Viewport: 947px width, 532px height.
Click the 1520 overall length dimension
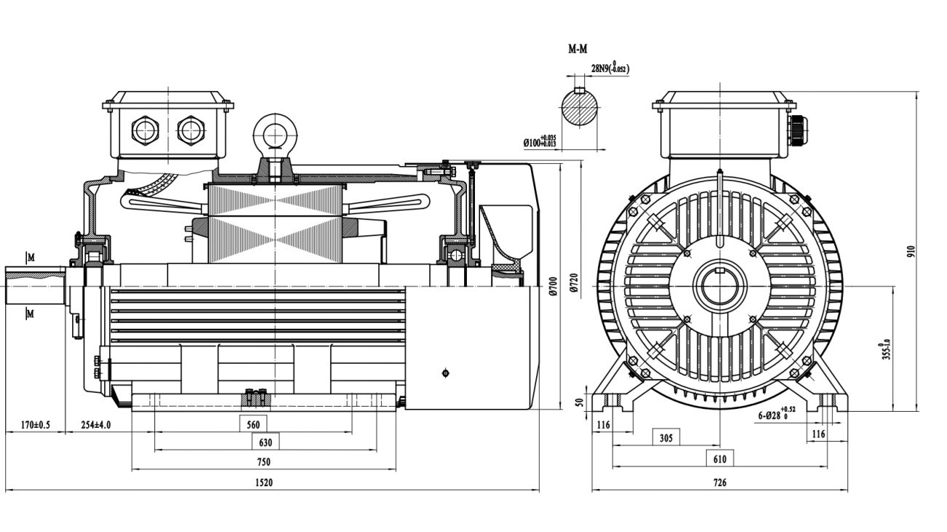(264, 482)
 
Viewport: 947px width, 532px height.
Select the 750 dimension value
(264, 462)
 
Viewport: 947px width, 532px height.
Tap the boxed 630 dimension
(264, 442)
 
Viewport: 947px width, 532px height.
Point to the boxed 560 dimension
(254, 423)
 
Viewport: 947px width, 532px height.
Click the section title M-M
(578, 50)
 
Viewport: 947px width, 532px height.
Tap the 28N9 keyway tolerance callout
(609, 69)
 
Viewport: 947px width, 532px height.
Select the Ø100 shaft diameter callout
(540, 141)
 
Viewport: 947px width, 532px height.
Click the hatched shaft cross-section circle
(580, 109)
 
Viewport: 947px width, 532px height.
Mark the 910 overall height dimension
(910, 251)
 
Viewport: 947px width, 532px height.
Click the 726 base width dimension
(719, 482)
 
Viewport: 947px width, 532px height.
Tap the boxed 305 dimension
(666, 437)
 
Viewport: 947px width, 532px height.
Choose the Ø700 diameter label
(553, 284)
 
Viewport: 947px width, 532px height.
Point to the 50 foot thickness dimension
(580, 402)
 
